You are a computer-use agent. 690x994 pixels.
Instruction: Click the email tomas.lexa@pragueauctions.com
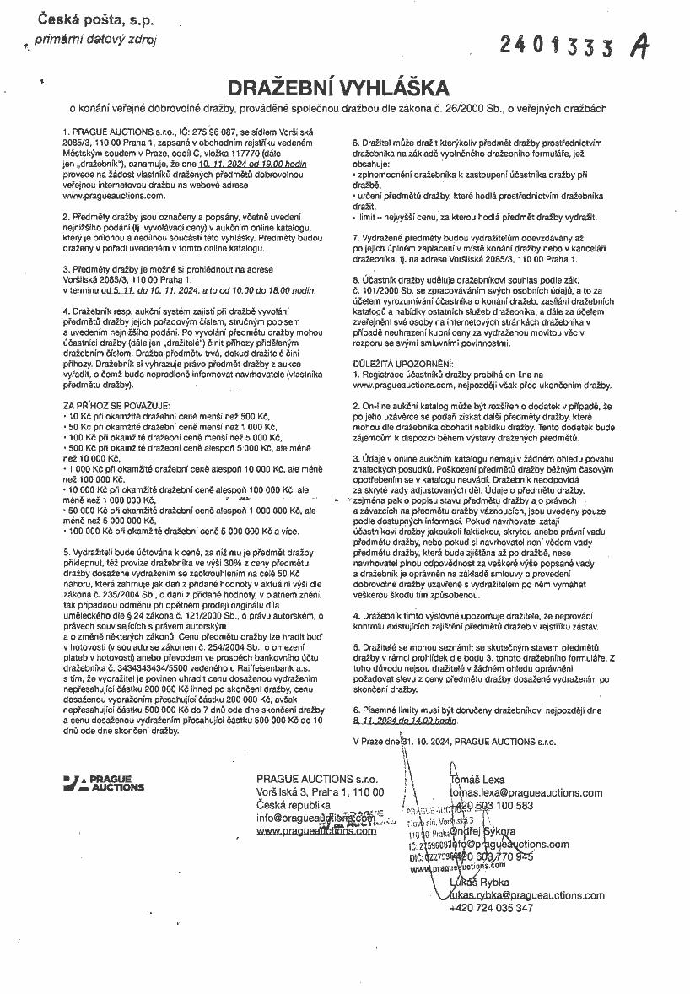click(526, 793)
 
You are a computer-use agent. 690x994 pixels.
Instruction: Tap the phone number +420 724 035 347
click(491, 908)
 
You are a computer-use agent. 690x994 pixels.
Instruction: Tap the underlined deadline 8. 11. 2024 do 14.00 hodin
click(405, 721)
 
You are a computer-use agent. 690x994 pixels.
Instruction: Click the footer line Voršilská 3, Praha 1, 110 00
click(320, 792)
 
